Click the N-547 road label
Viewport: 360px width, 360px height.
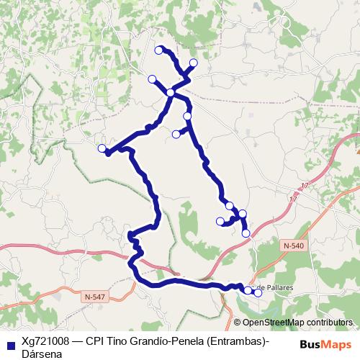(x=94, y=297)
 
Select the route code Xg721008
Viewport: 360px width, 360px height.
(x=44, y=341)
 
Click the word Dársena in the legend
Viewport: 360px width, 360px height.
(x=42, y=354)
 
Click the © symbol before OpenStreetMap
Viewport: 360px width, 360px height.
(x=238, y=323)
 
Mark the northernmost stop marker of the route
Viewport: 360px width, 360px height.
(x=159, y=50)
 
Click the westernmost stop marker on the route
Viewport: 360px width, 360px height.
(x=102, y=148)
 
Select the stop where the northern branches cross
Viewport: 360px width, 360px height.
(x=171, y=92)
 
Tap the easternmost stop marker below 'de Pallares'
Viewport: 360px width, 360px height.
(x=258, y=292)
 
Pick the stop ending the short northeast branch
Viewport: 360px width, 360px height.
(x=193, y=63)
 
